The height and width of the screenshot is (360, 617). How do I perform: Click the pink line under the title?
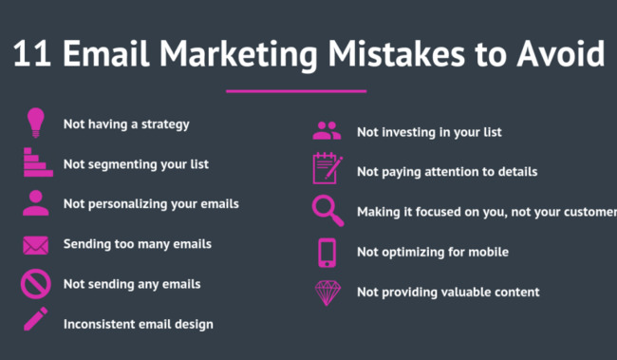click(x=296, y=91)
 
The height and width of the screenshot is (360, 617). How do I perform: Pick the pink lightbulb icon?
click(x=36, y=123)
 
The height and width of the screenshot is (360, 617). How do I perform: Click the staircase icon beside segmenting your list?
click(x=37, y=163)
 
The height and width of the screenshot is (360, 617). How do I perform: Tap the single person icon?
click(x=36, y=203)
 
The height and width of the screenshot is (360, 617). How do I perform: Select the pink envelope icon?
click(x=36, y=245)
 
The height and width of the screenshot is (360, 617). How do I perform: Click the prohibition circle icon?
click(x=36, y=284)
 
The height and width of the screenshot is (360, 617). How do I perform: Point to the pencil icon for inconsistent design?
click(x=36, y=319)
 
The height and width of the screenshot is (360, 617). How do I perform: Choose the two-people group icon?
click(x=327, y=132)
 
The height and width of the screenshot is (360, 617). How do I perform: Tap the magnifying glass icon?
click(x=327, y=210)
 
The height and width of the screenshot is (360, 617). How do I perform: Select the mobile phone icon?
click(x=327, y=252)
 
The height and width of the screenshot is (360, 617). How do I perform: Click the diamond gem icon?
click(x=327, y=293)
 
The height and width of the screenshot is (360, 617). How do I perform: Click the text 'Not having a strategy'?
click(x=126, y=123)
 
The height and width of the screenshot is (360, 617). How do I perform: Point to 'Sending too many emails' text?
click(x=138, y=244)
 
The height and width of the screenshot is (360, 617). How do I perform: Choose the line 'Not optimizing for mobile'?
click(x=433, y=252)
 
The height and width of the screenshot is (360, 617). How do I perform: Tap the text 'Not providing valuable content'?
click(x=448, y=292)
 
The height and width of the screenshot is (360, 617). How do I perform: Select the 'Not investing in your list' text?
click(x=429, y=132)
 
